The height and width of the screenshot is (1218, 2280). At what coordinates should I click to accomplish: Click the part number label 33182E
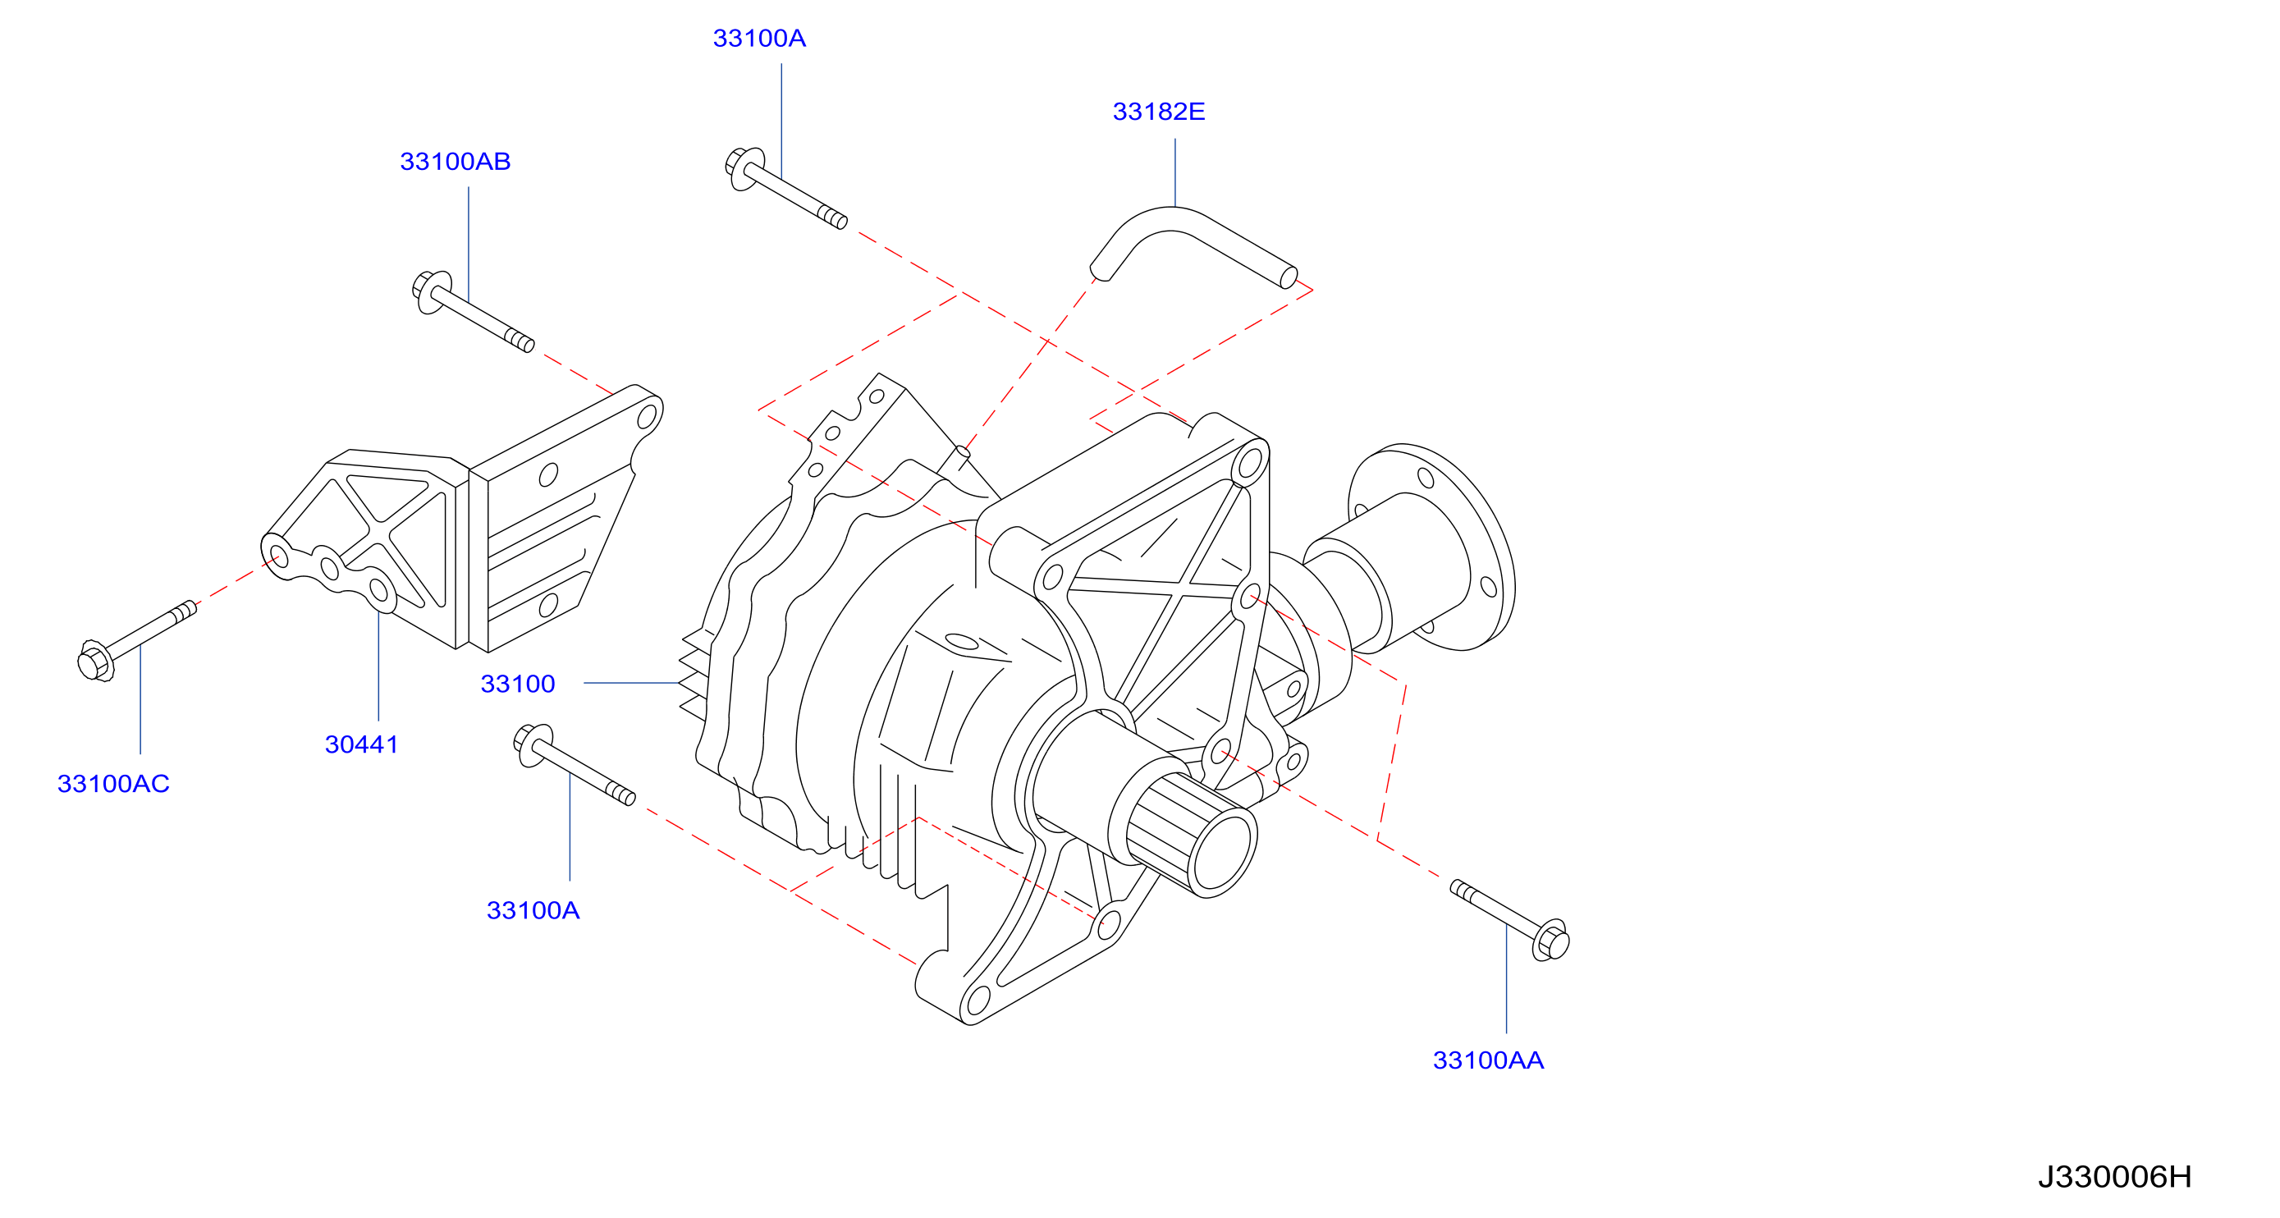[x=1158, y=112]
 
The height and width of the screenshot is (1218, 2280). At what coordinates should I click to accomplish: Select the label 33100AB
[x=455, y=161]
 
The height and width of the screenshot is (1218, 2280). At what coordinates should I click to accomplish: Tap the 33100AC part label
[x=113, y=783]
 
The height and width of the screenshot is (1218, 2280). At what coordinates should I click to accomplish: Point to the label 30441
[x=361, y=744]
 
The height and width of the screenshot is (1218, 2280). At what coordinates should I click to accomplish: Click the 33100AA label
[x=1488, y=1060]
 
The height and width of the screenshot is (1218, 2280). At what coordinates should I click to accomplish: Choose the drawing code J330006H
[x=2113, y=1176]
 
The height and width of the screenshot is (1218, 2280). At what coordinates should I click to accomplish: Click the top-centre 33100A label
[x=758, y=38]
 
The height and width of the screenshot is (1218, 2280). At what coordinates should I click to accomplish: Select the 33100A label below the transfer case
[x=533, y=910]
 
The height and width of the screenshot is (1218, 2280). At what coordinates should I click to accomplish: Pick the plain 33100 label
[x=517, y=684]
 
